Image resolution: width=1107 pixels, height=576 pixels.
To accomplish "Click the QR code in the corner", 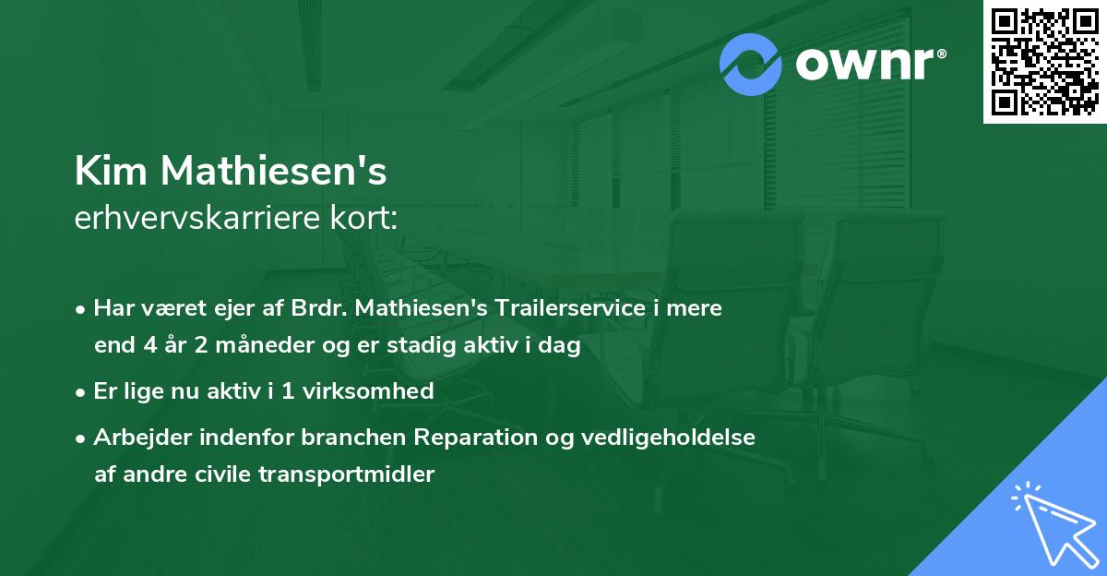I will pos(1045,61).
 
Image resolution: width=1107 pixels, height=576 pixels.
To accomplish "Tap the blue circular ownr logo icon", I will pos(751,65).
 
